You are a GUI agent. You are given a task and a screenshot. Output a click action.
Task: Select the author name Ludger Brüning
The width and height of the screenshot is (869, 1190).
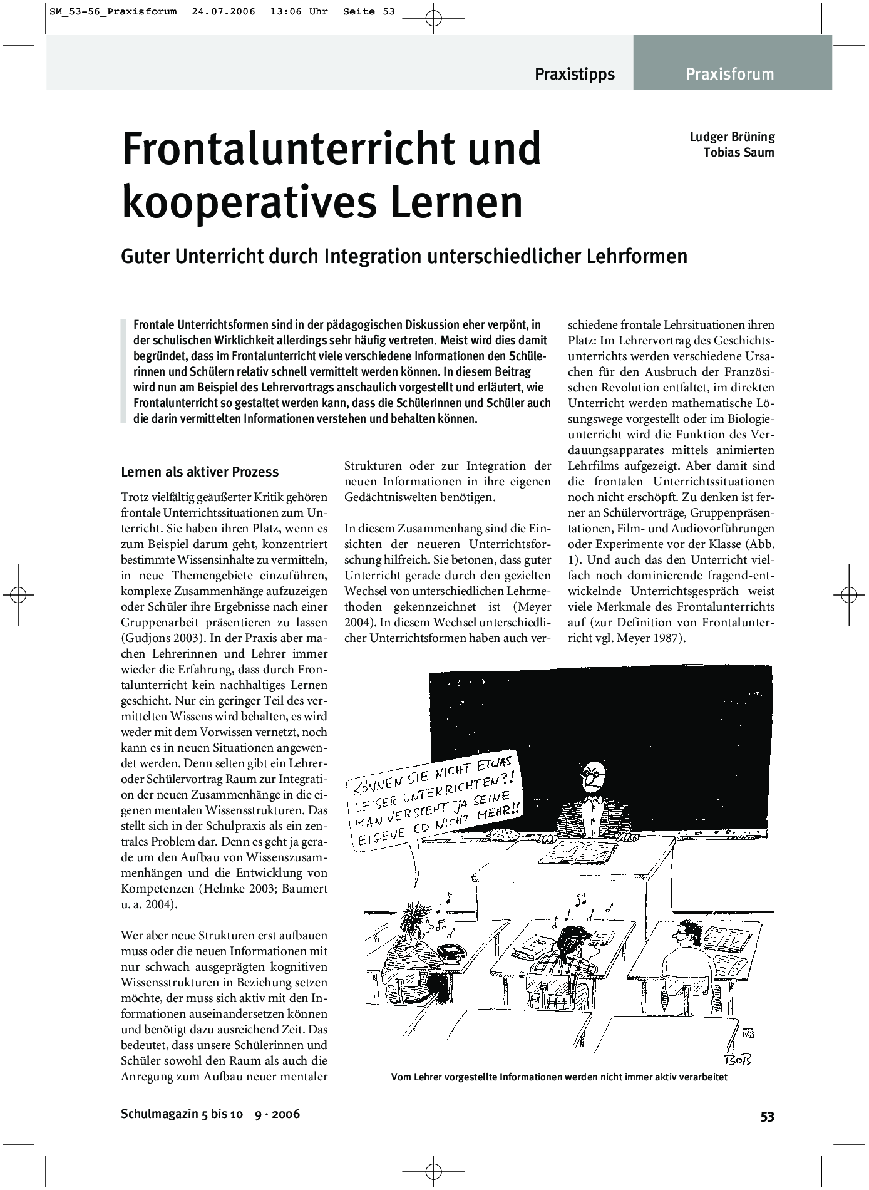pos(732,137)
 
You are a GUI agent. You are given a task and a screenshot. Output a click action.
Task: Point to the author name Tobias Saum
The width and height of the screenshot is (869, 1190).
pos(739,152)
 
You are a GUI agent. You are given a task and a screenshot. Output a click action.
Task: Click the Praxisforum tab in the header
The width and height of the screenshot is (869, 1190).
pos(729,74)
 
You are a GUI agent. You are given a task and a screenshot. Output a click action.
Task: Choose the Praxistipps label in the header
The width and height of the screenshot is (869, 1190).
pos(574,74)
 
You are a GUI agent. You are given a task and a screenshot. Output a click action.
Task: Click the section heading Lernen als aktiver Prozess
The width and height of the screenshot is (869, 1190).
pos(200,472)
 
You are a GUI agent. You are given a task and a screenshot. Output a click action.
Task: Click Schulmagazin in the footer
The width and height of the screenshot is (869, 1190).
pos(156,1114)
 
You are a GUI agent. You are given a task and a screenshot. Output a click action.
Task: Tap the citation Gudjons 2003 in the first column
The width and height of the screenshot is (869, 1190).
pos(163,638)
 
